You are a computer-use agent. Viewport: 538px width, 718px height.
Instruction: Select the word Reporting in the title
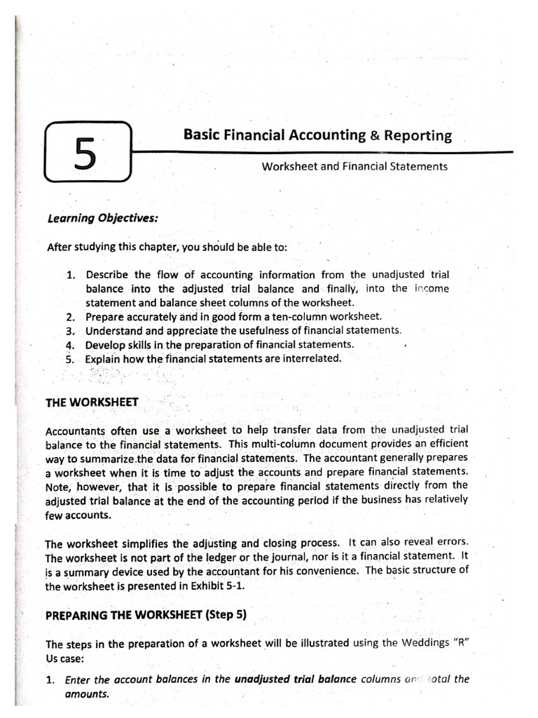pos(418,137)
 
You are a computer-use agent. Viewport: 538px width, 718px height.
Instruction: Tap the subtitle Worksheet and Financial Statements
pos(354,167)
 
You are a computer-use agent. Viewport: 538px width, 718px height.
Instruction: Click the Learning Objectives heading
pos(102,218)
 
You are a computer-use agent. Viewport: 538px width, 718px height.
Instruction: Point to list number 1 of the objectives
pos(71,275)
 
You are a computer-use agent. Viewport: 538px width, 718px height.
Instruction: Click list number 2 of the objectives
pos(71,317)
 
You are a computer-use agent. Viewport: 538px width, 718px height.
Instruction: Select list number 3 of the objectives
pos(71,330)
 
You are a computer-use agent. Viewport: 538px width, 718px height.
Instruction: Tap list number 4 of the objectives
pos(71,344)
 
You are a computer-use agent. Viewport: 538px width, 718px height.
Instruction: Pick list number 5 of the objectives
pos(71,358)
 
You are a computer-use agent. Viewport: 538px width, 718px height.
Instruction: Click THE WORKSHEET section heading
pos(92,402)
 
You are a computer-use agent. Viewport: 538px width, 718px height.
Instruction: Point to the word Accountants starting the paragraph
pos(75,431)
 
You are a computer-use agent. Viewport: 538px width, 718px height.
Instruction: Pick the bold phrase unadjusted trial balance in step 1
pos(296,679)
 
